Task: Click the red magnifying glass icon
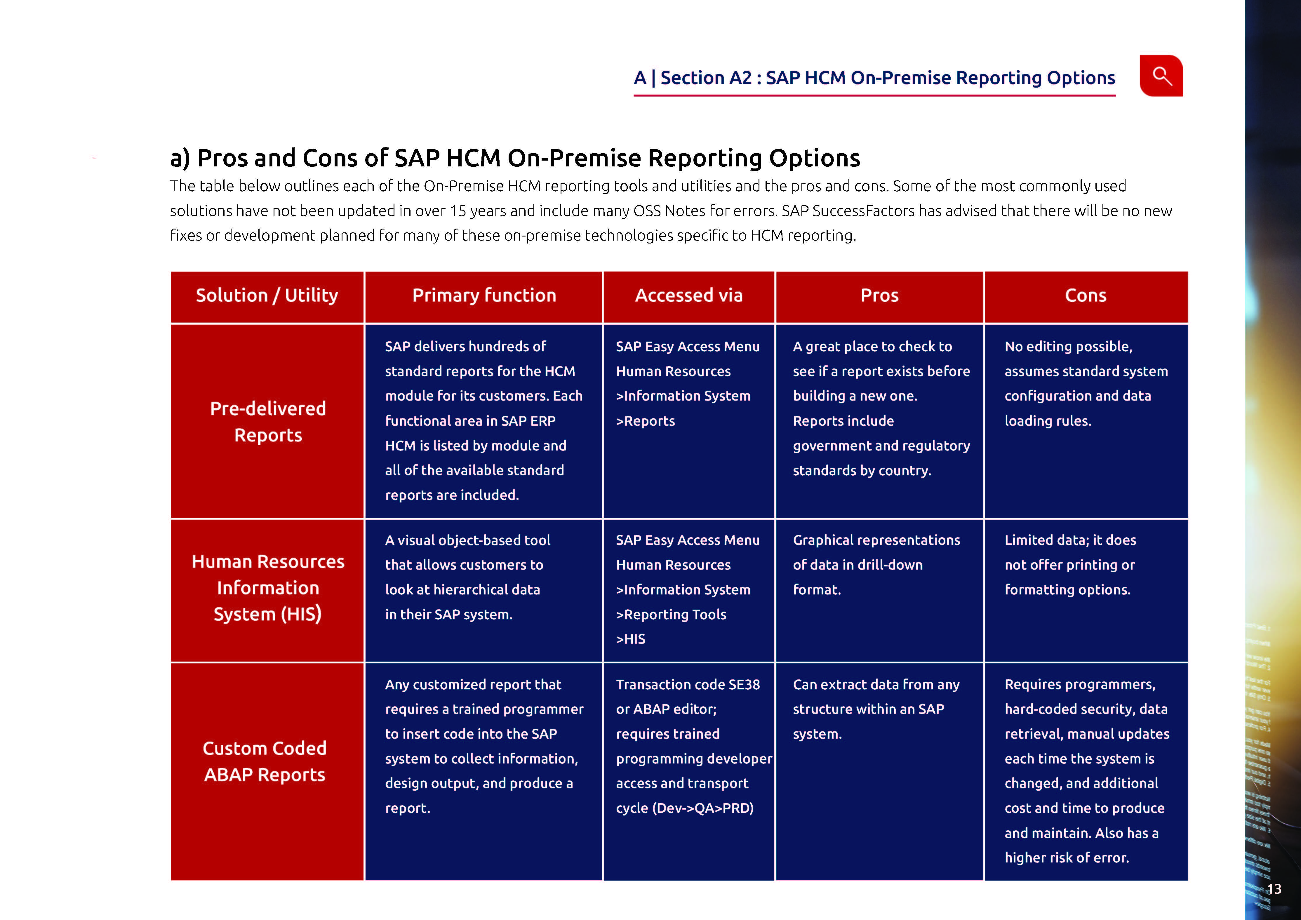[x=1161, y=76]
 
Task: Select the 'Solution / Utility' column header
[x=267, y=295]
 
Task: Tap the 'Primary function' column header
[x=484, y=295]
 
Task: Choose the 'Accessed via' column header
[x=688, y=295]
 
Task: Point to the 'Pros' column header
[x=879, y=295]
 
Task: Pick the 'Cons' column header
[x=1086, y=295]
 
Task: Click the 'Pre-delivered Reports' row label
[x=268, y=422]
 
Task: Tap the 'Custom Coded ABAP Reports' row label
[x=265, y=761]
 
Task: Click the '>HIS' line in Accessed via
[x=631, y=639]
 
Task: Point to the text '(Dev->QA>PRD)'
[x=703, y=808]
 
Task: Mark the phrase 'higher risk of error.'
[x=1067, y=858]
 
